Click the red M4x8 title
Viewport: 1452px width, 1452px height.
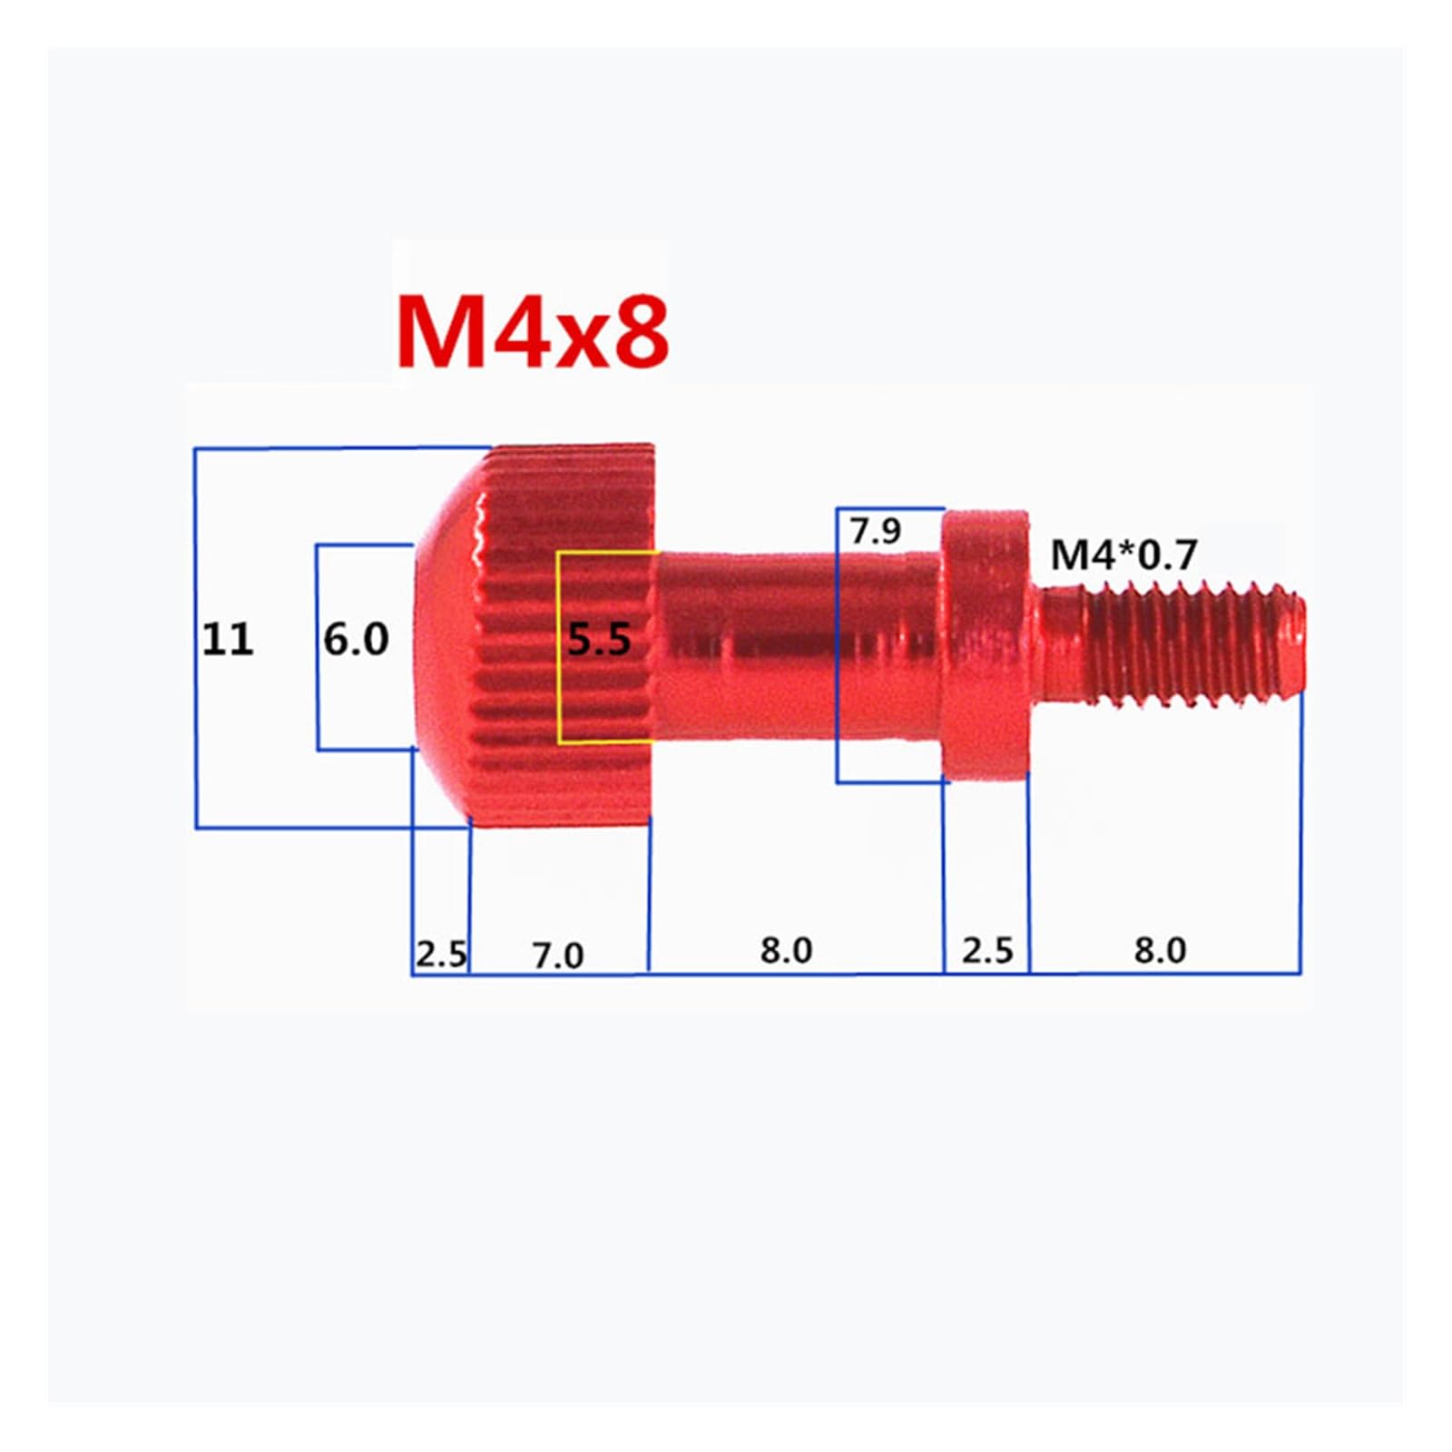(x=533, y=332)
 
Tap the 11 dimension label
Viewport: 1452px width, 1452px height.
(x=227, y=640)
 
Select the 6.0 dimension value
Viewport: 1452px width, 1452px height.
(x=356, y=640)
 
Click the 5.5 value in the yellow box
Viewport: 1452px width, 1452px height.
(x=599, y=641)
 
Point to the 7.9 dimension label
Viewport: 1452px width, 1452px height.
(x=876, y=531)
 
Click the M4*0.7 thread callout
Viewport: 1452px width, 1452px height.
(x=1124, y=554)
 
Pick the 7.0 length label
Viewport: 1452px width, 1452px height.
(x=558, y=956)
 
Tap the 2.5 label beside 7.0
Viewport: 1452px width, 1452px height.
(x=441, y=955)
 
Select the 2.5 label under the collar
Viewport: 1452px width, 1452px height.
(x=987, y=950)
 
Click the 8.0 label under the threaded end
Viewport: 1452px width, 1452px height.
(x=1160, y=950)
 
